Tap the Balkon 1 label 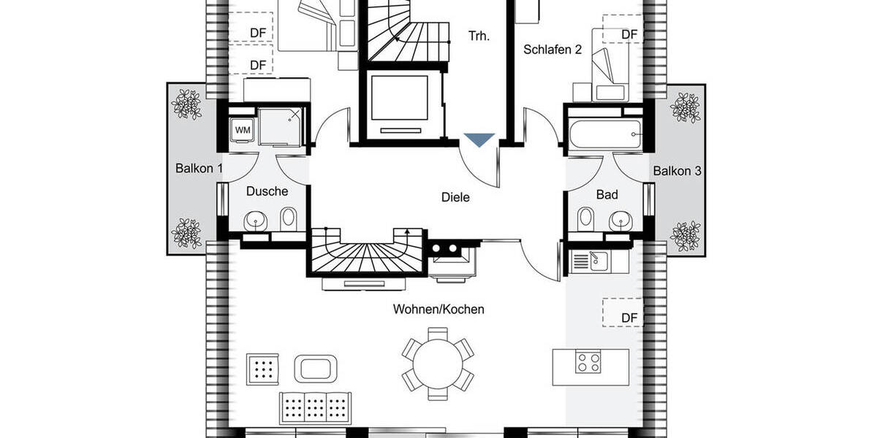(199, 169)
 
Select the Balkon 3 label (677, 172)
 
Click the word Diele (455, 197)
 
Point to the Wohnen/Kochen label (438, 310)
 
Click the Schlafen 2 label (553, 50)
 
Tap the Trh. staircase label (479, 34)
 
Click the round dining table (437, 362)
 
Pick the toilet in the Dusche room (289, 217)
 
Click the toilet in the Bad (585, 218)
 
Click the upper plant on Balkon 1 (186, 104)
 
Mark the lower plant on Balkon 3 (686, 235)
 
